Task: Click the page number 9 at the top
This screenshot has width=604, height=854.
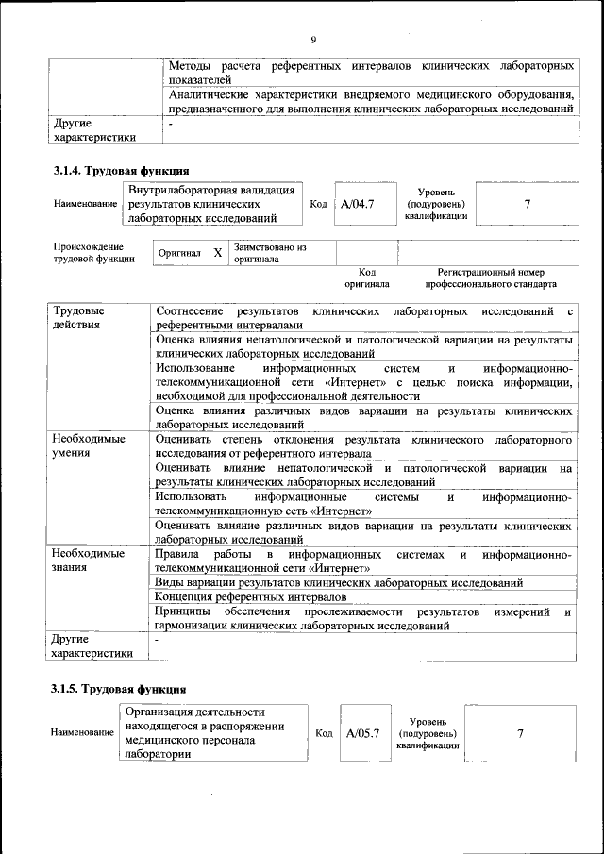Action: (x=312, y=40)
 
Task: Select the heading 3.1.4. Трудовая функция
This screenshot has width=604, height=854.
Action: (x=120, y=171)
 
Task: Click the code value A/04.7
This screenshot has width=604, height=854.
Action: (x=359, y=204)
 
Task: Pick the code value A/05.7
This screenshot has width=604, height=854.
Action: (x=362, y=733)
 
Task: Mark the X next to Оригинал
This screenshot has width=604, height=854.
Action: (x=217, y=253)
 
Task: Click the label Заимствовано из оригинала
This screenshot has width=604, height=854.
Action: (x=271, y=253)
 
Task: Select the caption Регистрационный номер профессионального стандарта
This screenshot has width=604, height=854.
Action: (x=491, y=278)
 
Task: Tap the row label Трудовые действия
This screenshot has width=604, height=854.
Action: (x=79, y=317)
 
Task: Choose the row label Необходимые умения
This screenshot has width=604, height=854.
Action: (x=89, y=446)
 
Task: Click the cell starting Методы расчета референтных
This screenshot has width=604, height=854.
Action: (x=372, y=74)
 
